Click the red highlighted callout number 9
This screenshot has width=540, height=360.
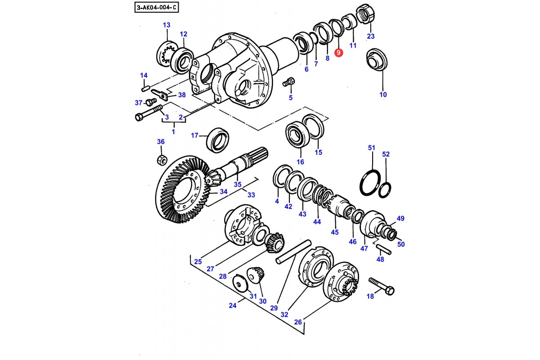tap(338, 53)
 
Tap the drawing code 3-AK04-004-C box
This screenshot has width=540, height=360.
tap(157, 8)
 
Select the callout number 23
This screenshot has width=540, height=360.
tap(370, 36)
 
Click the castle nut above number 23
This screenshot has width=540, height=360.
tap(365, 13)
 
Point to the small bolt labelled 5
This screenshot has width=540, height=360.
tap(288, 82)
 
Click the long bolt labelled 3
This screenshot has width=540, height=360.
tap(149, 113)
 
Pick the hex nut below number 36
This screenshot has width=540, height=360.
tap(162, 160)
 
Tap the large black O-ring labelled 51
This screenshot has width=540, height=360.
tap(370, 183)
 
